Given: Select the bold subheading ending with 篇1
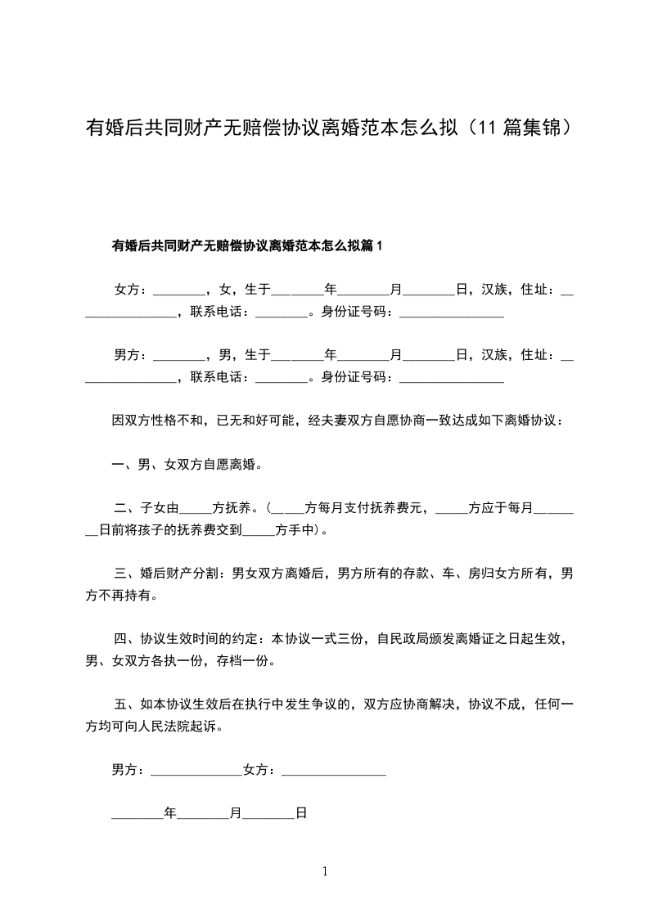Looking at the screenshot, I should pos(247,245).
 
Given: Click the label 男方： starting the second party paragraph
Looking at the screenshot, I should pos(131,354).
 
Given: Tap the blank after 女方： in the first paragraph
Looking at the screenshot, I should pos(178,290).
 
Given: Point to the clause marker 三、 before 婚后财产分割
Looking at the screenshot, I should pos(126,574).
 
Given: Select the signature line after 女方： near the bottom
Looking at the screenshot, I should pos(333,772).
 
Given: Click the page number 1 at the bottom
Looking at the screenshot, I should pos(325,871).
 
